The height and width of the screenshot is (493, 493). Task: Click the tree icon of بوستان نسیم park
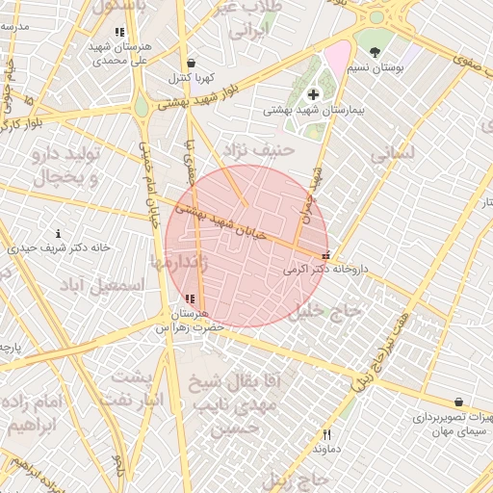(375, 53)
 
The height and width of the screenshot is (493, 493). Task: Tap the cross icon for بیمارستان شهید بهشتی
(313, 93)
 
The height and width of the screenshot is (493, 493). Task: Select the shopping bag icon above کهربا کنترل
(190, 62)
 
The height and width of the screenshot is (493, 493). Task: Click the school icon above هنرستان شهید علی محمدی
(119, 33)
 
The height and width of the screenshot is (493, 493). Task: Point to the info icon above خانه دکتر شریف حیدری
(59, 233)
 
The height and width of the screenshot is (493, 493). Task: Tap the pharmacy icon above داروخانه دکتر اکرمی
(325, 255)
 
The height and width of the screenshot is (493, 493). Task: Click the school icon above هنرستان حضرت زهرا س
(189, 299)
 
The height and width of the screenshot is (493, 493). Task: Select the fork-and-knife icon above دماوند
(326, 434)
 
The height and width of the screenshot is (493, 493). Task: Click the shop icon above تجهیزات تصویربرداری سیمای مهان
(457, 402)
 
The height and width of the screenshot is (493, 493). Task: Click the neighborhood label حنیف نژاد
(257, 149)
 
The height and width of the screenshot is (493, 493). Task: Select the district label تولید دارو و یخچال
(66, 167)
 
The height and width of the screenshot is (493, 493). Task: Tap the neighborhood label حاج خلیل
(327, 311)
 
